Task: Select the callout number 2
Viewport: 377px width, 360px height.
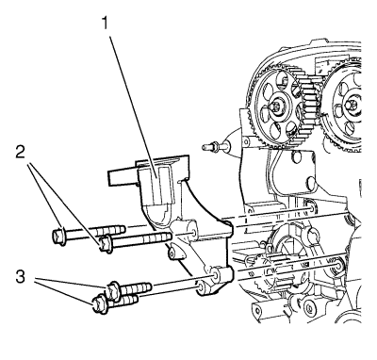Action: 20,153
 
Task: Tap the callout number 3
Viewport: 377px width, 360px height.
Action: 20,277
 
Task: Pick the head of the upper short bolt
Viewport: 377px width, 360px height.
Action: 112,289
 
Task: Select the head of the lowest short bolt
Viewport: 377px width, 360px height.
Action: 100,304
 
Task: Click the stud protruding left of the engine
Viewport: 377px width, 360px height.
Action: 215,146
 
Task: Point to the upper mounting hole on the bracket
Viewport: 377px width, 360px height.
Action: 194,233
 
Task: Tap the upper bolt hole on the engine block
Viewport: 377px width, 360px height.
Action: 311,207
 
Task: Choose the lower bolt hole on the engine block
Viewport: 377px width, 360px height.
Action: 337,265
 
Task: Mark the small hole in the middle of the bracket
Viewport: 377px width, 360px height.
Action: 172,253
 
